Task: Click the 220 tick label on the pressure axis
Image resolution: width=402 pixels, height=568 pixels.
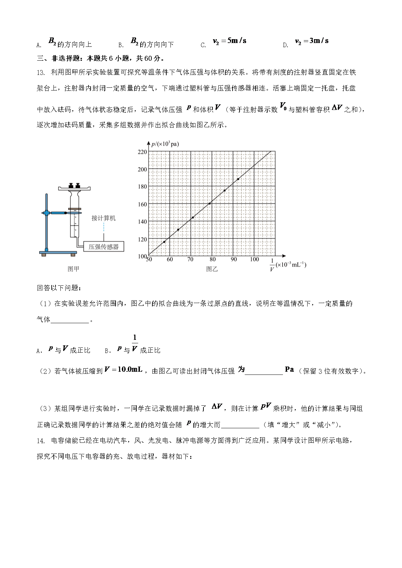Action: tap(142, 152)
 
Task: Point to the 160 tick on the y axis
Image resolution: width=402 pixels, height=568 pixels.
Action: tap(142, 204)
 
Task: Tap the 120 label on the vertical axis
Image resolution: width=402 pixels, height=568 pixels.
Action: tap(142, 239)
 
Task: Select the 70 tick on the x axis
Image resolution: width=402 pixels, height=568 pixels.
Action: tap(190, 259)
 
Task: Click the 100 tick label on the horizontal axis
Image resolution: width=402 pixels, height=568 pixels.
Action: tap(254, 259)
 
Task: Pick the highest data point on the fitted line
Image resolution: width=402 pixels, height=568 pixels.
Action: tap(238, 179)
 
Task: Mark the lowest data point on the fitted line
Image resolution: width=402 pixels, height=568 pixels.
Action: tap(164, 242)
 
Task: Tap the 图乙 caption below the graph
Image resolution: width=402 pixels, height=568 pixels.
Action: tap(212, 269)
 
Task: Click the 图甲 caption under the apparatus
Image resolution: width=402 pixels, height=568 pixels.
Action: tap(73, 269)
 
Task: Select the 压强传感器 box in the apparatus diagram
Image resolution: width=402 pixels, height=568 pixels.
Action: tap(103, 247)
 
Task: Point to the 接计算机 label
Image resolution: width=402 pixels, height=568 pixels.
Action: tap(103, 218)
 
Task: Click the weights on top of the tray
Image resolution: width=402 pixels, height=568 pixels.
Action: tap(75, 185)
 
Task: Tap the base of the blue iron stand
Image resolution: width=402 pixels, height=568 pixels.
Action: tap(58, 252)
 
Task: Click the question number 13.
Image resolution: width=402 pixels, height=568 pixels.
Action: tap(41, 72)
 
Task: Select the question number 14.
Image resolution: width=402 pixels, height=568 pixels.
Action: tap(41, 441)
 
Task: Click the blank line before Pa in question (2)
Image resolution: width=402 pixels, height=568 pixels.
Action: tap(264, 372)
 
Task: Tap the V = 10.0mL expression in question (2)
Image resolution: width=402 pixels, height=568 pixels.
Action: tap(123, 370)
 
